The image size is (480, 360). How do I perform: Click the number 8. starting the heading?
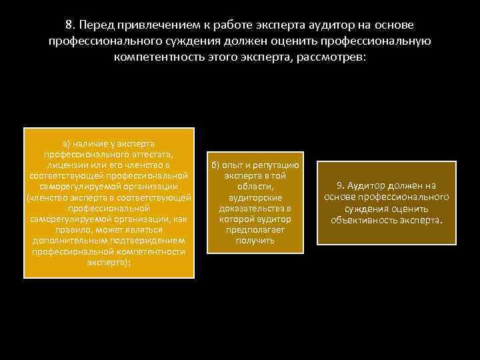[70, 25]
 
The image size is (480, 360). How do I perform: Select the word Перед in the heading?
[95, 25]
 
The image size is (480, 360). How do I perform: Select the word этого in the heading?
[224, 57]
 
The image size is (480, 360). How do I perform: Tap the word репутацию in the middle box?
[275, 165]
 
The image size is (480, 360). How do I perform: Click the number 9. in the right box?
[342, 186]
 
